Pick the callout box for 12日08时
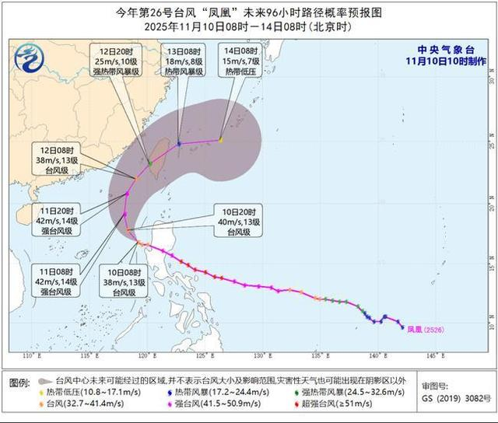pyautogui.click(x=63, y=154)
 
